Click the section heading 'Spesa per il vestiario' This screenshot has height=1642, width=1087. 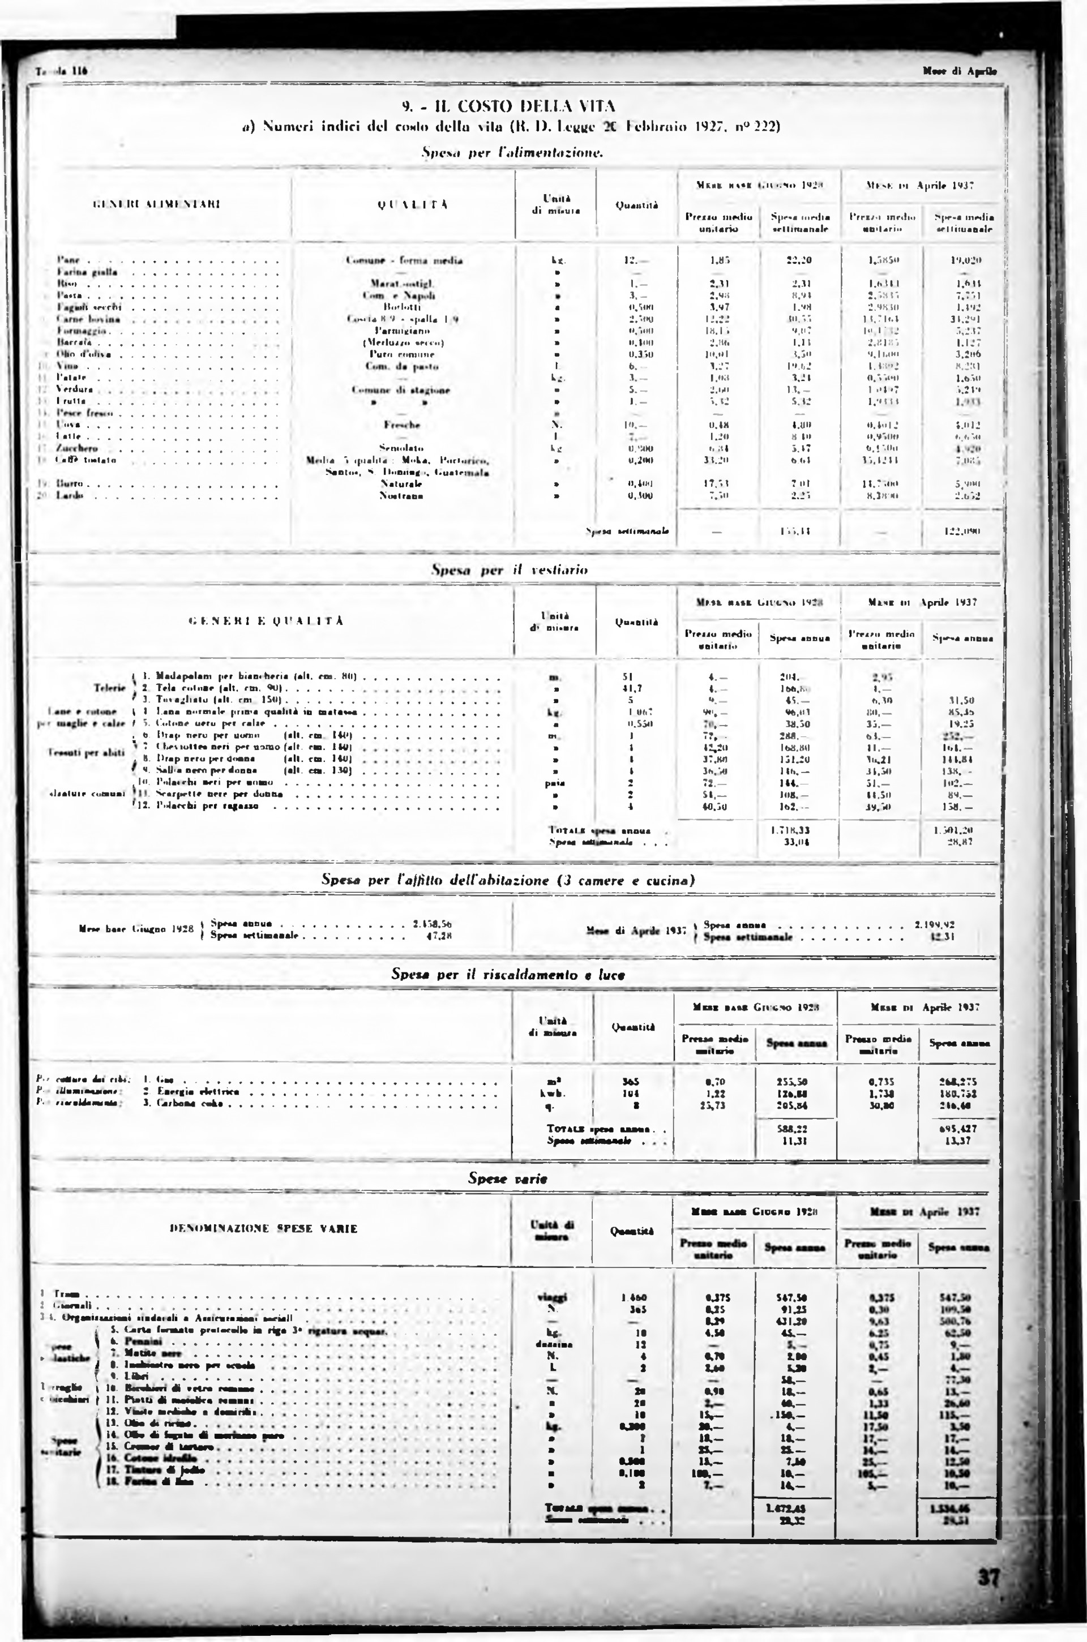(x=509, y=570)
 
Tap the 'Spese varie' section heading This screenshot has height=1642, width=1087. (x=507, y=1178)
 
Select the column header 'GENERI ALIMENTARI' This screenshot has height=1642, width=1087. (x=156, y=204)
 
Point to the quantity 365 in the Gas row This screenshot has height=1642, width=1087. (x=630, y=1081)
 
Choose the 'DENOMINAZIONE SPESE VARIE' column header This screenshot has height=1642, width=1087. (x=263, y=1229)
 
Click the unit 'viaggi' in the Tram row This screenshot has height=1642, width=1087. (x=557, y=1297)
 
